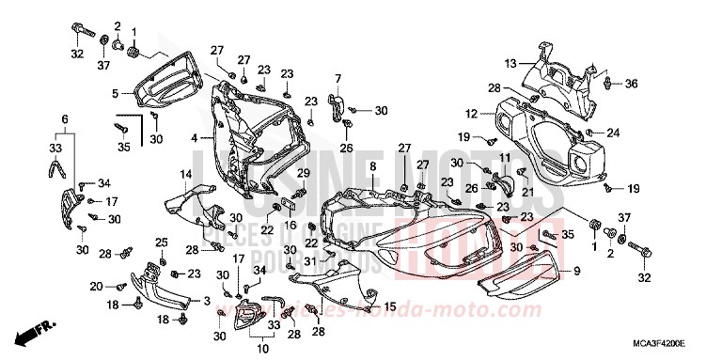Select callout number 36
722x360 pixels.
[631, 84]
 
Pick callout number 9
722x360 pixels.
[577, 271]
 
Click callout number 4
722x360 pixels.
[194, 137]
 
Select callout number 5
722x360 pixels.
[115, 93]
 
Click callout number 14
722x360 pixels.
[186, 175]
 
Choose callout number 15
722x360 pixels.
[390, 306]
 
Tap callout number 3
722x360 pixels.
[206, 301]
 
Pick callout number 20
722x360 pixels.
[96, 286]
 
